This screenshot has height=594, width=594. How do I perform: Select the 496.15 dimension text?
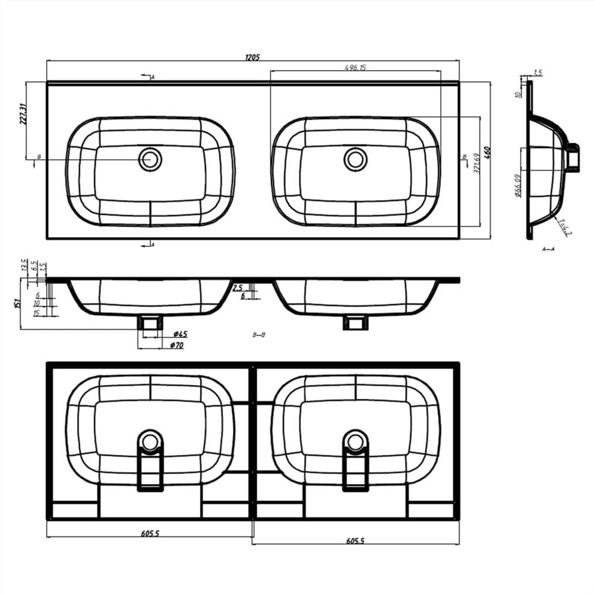coord(355,68)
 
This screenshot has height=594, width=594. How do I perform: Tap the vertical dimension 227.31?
coord(23,113)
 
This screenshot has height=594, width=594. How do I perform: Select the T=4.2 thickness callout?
coord(564,229)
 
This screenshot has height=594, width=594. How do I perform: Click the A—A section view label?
coord(548,249)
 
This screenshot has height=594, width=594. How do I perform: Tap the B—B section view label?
coord(258,335)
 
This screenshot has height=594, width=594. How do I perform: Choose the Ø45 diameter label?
coord(180,334)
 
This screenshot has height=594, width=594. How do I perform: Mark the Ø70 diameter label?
coord(176,345)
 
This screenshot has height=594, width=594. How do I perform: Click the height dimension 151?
coord(16,304)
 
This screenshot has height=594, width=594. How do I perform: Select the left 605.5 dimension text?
coord(150,533)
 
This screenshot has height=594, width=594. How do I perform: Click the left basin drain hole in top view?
coord(150,159)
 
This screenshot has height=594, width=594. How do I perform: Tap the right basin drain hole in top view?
coord(355,159)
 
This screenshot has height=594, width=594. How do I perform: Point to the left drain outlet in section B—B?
coord(150,323)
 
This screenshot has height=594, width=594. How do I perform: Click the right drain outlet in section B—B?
coord(355,323)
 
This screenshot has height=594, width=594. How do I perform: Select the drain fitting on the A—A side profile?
coord(572,159)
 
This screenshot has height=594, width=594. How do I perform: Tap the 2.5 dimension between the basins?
coord(238,287)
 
